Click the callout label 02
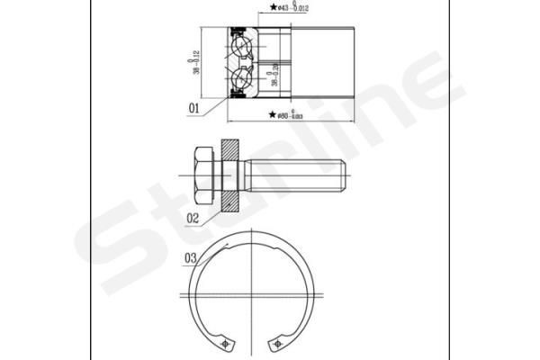pos(192,217)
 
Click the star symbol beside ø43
pos(273,8)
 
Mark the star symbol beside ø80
pos(273,116)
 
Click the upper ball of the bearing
pos(240,44)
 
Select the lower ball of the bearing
pos(240,80)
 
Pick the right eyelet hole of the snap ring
pos(280,344)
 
